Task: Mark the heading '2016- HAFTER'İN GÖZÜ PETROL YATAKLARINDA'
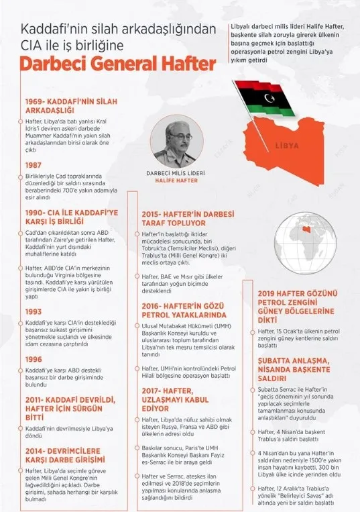point(188,309)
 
